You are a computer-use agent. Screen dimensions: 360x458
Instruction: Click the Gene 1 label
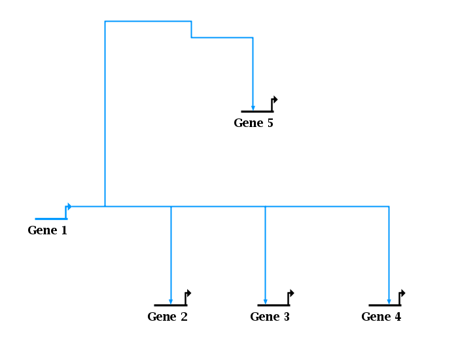point(47,230)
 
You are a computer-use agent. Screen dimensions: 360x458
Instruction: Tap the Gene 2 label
point(167,317)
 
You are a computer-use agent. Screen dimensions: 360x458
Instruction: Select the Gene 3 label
point(270,317)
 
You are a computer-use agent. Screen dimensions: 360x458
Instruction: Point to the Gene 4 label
point(381,317)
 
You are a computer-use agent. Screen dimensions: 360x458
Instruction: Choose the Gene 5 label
point(253,123)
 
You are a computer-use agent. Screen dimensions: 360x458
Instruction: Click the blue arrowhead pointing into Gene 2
point(171,301)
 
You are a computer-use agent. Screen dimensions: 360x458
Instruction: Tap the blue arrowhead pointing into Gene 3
point(265,301)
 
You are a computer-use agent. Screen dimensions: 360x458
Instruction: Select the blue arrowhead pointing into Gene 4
point(389,301)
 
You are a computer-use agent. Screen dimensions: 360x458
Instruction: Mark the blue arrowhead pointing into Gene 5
point(253,107)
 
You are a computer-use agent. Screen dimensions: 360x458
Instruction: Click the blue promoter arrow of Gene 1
point(69,207)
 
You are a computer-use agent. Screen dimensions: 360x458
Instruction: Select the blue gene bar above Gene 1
point(50,219)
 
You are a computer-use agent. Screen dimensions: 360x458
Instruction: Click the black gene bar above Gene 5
point(256,111)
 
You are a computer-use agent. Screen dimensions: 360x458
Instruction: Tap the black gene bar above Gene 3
point(273,305)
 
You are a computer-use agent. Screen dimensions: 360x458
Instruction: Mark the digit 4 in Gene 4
point(398,317)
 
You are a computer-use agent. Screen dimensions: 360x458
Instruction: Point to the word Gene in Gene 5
point(247,123)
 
